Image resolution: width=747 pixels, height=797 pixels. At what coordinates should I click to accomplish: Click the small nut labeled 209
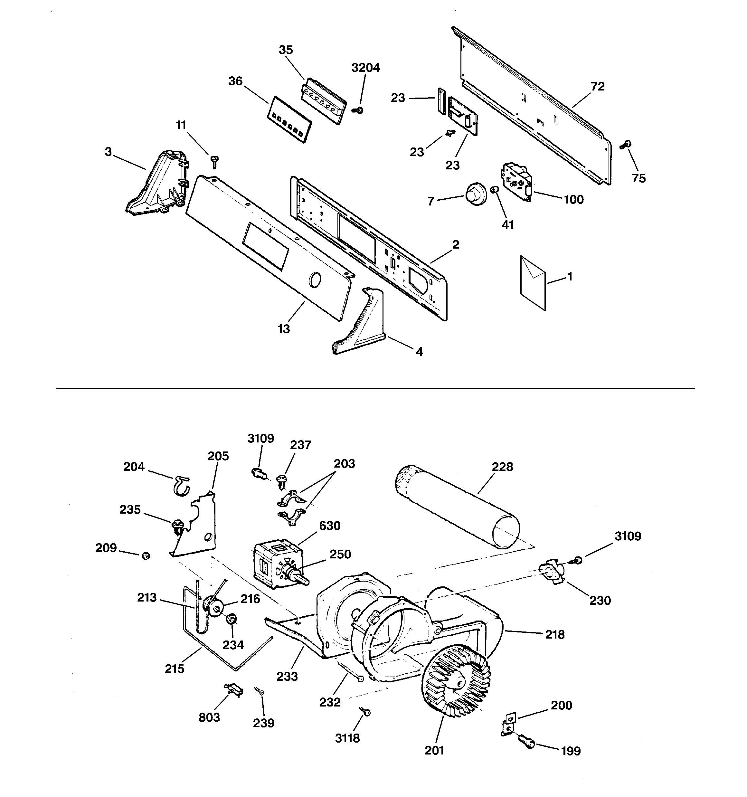pos(146,556)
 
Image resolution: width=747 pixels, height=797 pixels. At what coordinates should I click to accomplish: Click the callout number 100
pos(573,199)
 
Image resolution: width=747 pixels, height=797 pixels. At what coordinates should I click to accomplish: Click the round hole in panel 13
pos(315,280)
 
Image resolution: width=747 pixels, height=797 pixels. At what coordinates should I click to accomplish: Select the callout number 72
pos(598,87)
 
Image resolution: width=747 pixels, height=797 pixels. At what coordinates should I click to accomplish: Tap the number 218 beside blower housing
pos(554,635)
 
